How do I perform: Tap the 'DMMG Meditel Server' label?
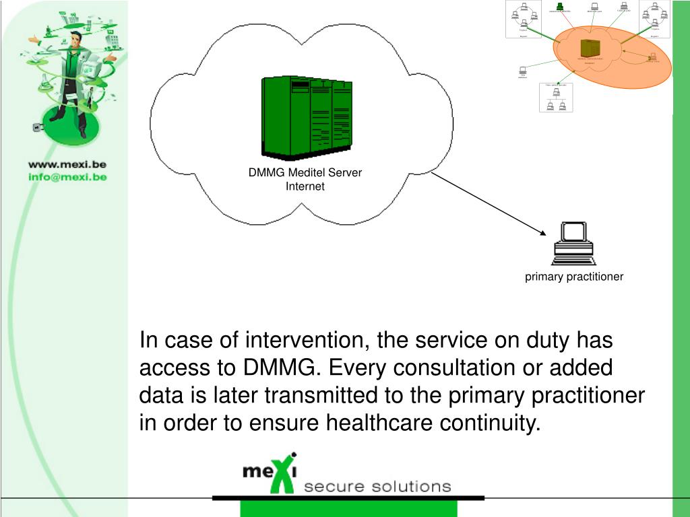(305, 172)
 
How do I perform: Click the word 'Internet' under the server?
(305, 186)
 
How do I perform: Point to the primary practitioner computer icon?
(573, 243)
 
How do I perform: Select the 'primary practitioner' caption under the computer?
(574, 277)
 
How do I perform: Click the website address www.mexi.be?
(67, 164)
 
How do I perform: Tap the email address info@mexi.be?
(67, 177)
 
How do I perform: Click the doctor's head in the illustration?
(76, 38)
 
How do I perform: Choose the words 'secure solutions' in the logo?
(377, 487)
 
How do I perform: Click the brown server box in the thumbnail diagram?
(590, 48)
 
